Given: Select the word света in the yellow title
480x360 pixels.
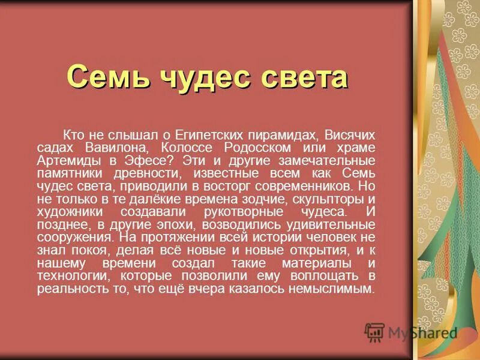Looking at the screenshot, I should point(306,77).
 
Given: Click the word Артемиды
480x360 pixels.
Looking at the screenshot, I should point(62,161).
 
